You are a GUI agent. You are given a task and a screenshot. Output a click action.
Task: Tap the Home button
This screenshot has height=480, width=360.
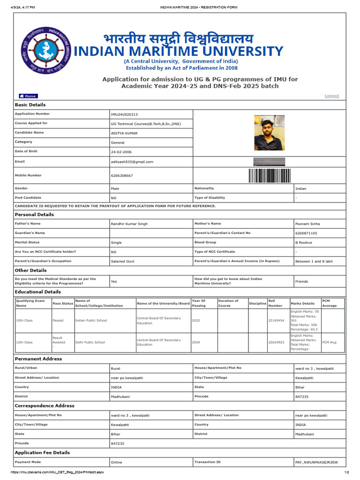[x=28, y=96]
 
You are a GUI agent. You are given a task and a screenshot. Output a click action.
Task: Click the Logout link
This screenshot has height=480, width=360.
[x=331, y=96]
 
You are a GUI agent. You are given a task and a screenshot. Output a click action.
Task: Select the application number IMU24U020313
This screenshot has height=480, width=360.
[x=124, y=114]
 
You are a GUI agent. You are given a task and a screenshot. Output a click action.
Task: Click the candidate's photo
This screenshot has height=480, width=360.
[x=269, y=133]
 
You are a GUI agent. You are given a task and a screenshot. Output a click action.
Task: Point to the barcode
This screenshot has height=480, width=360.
[x=269, y=175]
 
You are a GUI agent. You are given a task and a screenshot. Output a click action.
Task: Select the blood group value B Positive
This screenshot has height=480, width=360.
[x=303, y=243]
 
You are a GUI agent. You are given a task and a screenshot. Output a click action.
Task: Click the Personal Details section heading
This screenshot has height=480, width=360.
[x=34, y=215]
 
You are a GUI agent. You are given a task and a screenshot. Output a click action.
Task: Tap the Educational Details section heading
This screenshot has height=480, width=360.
[x=38, y=292]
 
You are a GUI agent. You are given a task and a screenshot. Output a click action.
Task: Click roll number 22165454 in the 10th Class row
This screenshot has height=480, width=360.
[x=276, y=321]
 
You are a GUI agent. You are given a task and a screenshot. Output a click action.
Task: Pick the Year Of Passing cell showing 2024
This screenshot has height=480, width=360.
[x=196, y=343]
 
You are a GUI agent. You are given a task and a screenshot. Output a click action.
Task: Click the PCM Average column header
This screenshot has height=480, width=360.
[x=329, y=303]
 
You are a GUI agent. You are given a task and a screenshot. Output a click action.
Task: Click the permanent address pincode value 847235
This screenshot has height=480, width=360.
[x=302, y=397]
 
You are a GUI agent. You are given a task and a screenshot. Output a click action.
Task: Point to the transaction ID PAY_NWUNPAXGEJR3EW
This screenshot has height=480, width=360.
[x=316, y=462]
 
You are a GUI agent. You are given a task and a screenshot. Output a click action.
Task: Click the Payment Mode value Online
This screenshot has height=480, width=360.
[x=116, y=462]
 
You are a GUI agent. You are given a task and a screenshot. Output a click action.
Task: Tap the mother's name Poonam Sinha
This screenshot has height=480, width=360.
[x=307, y=224]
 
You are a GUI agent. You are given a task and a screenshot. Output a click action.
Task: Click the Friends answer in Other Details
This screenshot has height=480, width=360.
[x=301, y=281]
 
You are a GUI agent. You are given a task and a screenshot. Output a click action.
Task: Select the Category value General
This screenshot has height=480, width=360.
[x=118, y=142]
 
